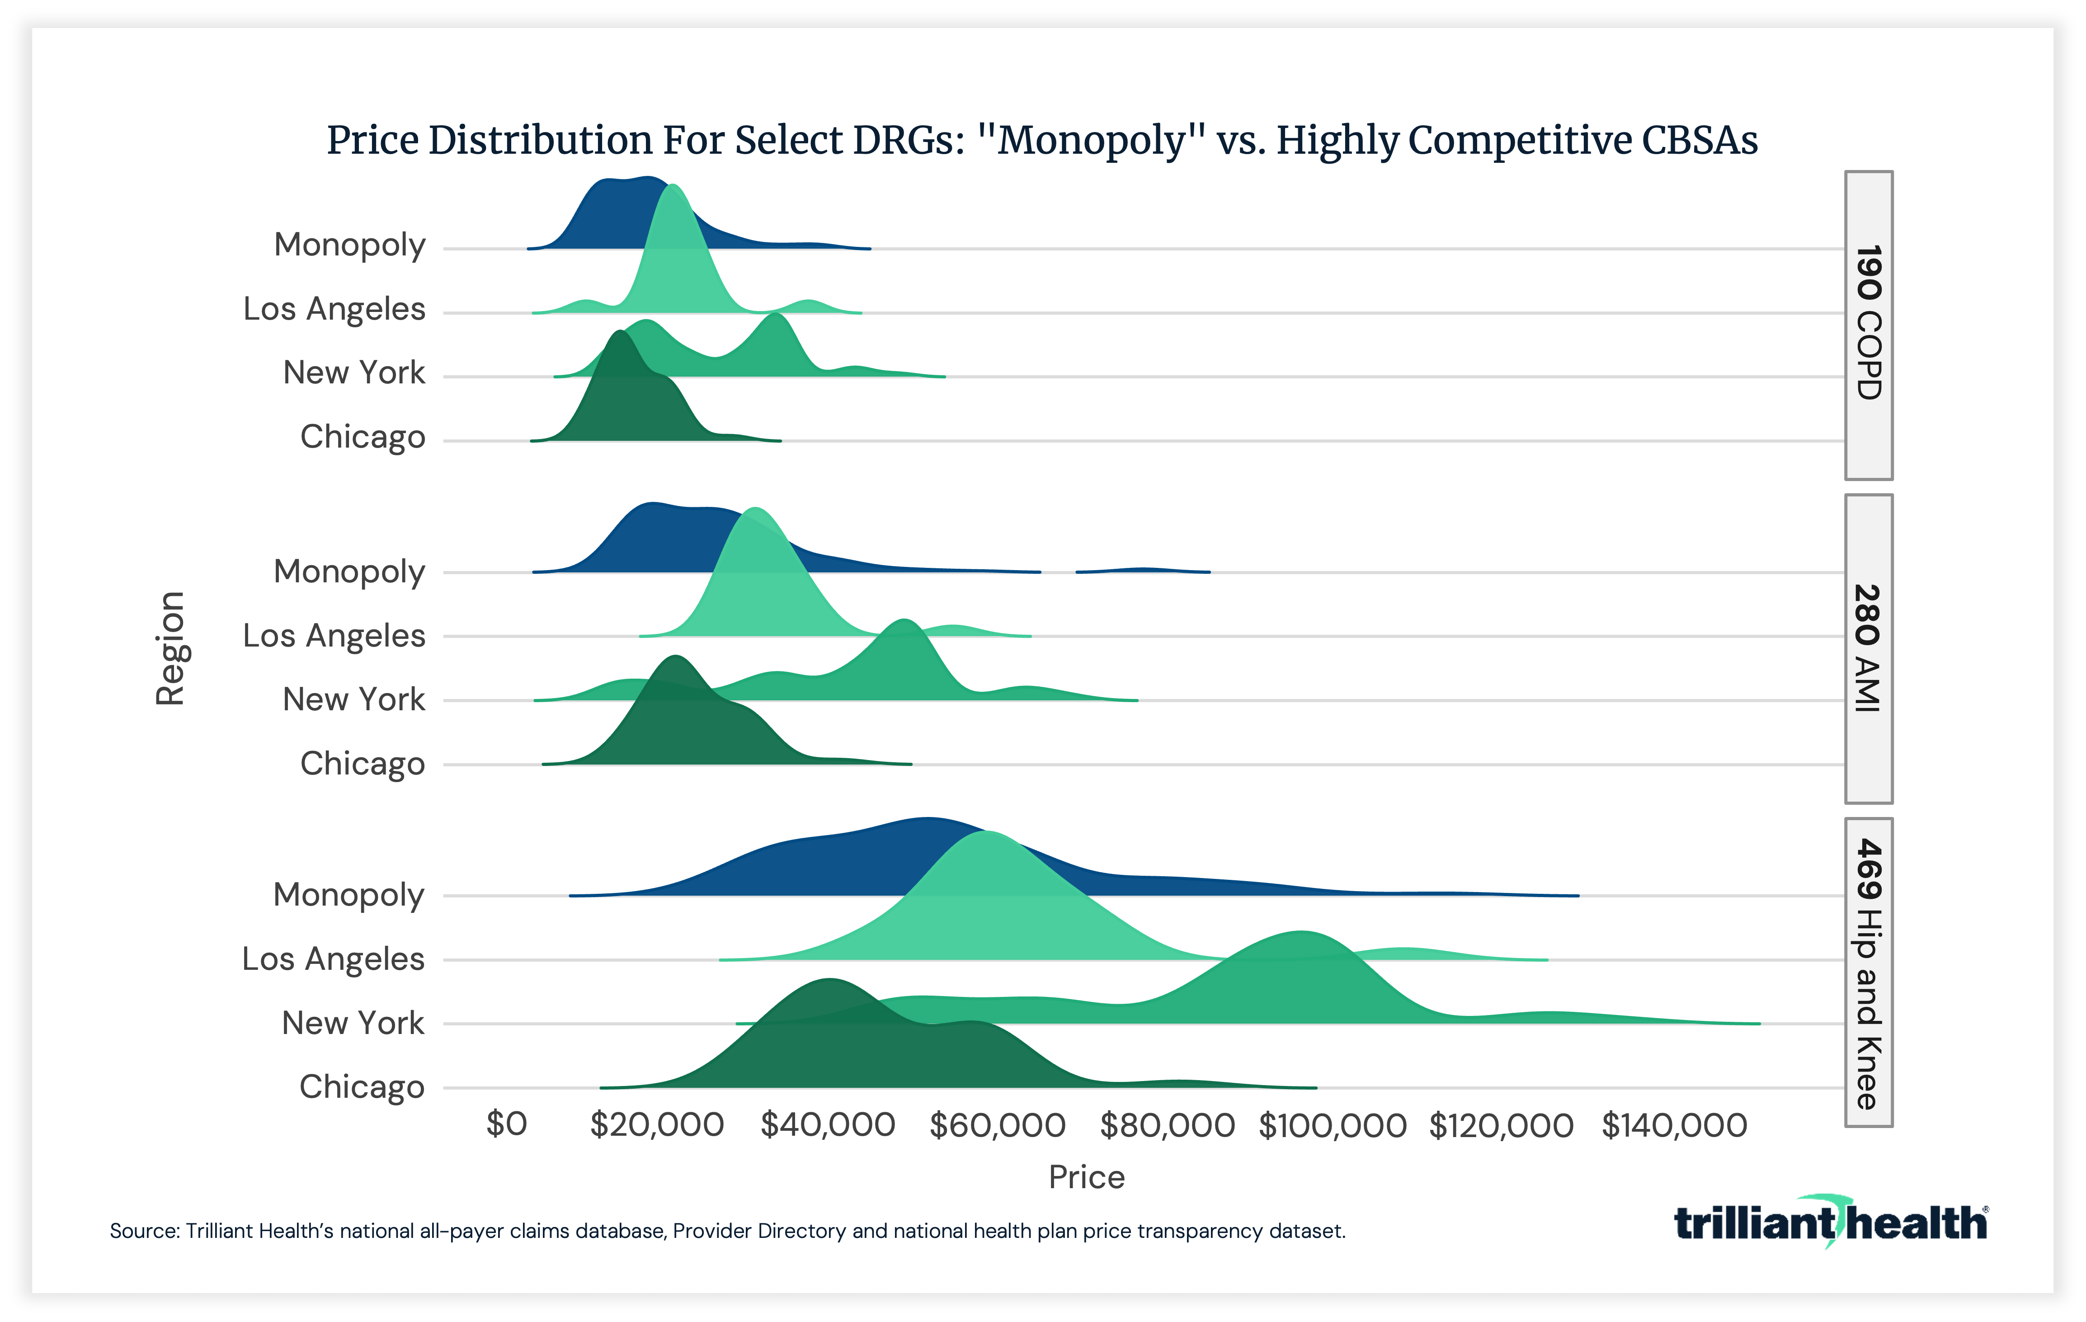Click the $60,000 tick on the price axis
pyautogui.click(x=997, y=1125)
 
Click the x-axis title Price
pyautogui.click(x=1086, y=1177)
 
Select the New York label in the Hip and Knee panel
pyautogui.click(x=353, y=1023)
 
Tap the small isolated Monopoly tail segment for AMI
pyautogui.click(x=1142, y=570)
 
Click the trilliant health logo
pyautogui.click(x=1830, y=1223)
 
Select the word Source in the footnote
pyautogui.click(x=143, y=1231)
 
